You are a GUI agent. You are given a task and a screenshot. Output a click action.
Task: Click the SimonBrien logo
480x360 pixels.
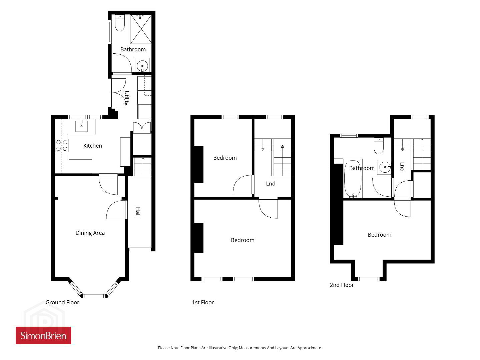(x=43, y=335)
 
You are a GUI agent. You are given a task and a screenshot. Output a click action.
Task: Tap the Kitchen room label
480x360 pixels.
(x=92, y=146)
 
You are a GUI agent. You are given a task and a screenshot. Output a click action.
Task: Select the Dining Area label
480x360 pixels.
(x=90, y=233)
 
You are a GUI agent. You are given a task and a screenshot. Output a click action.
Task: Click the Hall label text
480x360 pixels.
(x=137, y=212)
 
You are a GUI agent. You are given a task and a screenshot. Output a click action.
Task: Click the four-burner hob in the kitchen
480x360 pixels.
(x=62, y=145)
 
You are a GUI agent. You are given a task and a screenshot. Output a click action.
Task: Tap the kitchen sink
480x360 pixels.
(x=82, y=126)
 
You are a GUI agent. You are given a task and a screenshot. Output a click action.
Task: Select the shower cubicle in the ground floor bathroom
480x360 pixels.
(x=141, y=29)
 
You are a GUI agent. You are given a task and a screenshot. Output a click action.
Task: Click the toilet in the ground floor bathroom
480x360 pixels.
(x=120, y=23)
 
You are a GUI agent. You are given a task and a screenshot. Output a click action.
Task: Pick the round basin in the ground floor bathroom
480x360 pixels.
(x=142, y=65)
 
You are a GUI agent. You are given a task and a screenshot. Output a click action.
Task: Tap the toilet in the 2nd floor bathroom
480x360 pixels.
(x=379, y=146)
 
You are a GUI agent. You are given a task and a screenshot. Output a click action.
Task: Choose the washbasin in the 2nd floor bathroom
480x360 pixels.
(x=384, y=167)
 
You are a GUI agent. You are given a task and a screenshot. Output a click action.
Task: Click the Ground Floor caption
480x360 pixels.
(x=62, y=302)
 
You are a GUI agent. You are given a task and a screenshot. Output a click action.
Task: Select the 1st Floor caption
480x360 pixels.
(x=203, y=302)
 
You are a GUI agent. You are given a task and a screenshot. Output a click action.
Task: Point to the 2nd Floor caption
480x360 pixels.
(x=342, y=285)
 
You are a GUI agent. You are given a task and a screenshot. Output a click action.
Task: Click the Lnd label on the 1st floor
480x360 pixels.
(x=271, y=183)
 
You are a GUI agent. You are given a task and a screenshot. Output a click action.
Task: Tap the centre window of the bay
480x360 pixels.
(x=94, y=296)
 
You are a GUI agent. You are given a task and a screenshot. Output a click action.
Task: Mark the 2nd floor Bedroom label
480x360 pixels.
(x=379, y=235)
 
